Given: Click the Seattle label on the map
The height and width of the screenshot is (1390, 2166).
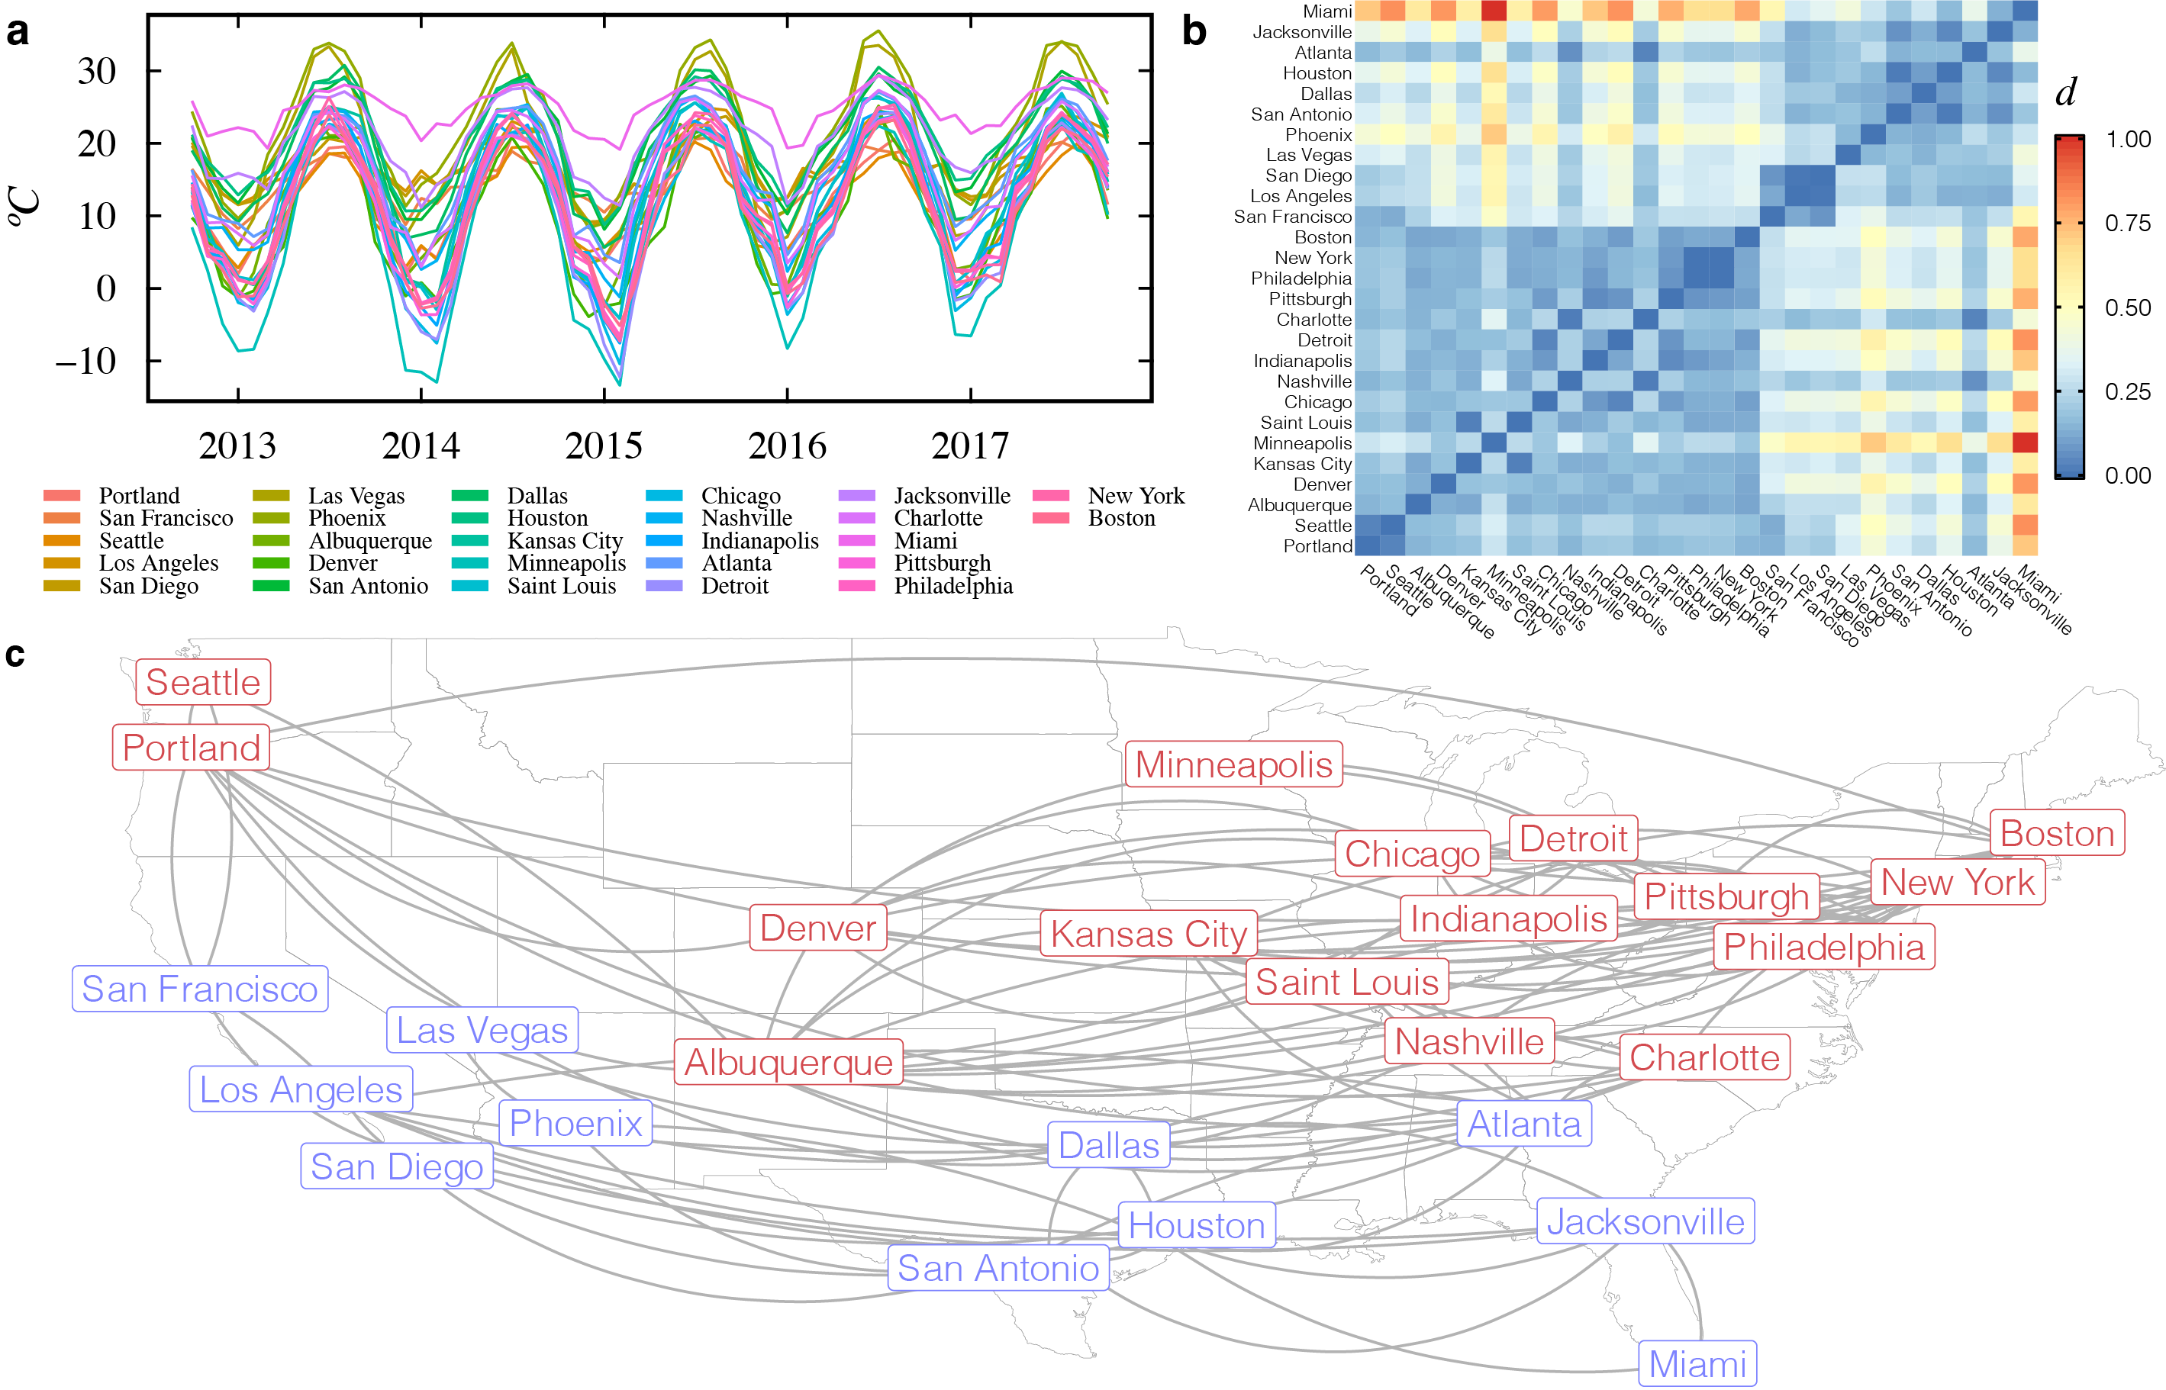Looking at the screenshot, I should [203, 682].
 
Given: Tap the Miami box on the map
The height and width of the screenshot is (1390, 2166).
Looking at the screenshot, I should [1697, 1364].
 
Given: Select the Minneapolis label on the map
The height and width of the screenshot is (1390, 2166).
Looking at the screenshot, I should [1233, 764].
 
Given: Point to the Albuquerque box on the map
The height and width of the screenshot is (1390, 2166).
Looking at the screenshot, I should [788, 1063].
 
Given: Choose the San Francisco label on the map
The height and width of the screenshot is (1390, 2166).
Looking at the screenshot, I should [199, 989].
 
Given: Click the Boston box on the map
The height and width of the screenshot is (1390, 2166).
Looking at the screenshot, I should [2057, 833].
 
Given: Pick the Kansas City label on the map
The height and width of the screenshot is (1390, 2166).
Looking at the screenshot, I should [1149, 935].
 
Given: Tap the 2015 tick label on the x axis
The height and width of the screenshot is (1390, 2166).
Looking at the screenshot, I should [603, 446].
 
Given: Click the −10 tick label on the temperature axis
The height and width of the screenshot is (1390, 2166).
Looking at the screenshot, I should [85, 362].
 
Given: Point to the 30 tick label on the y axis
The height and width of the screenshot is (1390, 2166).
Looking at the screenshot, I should [97, 71].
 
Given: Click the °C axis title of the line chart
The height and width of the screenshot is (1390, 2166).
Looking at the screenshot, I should [25, 207].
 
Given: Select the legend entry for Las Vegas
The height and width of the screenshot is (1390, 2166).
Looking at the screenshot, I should [356, 496].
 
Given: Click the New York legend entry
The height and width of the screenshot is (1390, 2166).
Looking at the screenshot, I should [1135, 496].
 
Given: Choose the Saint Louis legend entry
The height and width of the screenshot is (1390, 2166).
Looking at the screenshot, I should [561, 586].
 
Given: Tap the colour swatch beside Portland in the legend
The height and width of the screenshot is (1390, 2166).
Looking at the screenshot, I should [61, 496].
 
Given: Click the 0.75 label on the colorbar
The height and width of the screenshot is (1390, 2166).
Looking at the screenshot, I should [2127, 223].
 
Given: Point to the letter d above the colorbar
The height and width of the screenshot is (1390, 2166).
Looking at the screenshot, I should [2065, 92].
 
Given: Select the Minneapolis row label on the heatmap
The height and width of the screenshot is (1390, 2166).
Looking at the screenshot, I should [1302, 443].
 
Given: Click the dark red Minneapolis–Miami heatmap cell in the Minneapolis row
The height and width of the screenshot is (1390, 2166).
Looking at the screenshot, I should [2025, 443].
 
